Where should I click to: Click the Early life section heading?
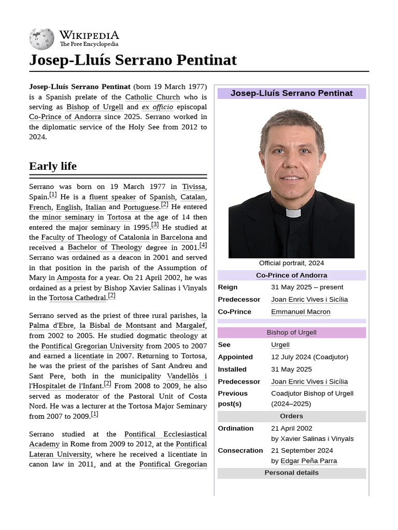(53, 166)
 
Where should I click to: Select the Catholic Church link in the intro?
(152, 97)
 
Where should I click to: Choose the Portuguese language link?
(141, 207)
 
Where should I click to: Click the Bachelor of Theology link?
(104, 247)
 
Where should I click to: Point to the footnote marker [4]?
(203, 245)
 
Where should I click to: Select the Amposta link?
(71, 278)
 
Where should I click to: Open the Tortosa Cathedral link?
(77, 298)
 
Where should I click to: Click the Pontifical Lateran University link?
(60, 454)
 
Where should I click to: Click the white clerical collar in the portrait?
(293, 213)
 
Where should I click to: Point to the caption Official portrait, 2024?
(291, 263)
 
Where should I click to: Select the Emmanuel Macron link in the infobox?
(301, 312)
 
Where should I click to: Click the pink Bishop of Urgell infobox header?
(291, 332)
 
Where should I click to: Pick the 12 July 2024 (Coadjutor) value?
(309, 357)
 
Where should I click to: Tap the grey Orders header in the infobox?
(291, 416)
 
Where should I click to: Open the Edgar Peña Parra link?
(308, 461)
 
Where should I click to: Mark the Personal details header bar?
(291, 473)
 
